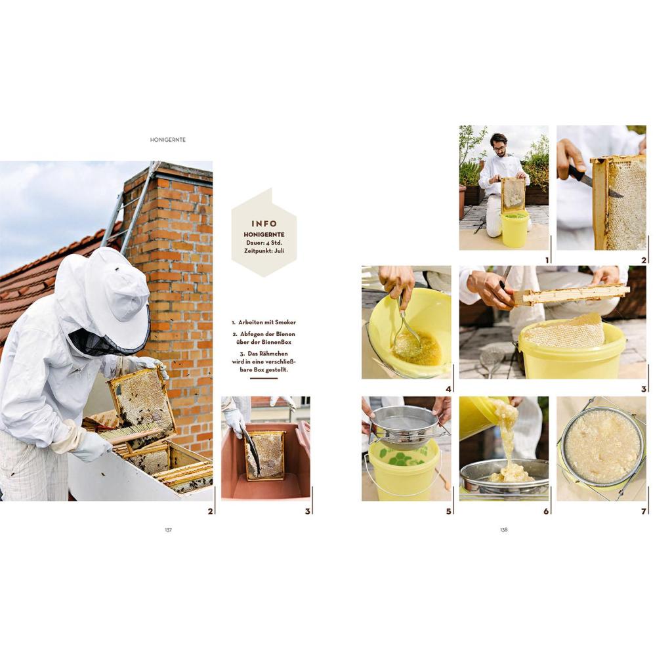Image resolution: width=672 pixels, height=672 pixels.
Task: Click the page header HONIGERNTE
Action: tap(168, 140)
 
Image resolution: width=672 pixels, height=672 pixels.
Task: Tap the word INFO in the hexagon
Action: tap(264, 224)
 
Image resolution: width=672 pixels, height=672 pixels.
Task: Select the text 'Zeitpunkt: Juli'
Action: tap(264, 250)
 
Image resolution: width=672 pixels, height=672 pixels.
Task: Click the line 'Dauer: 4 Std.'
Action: tap(264, 243)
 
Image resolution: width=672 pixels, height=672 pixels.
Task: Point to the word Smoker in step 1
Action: tap(285, 322)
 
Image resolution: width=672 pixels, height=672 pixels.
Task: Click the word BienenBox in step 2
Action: tap(276, 342)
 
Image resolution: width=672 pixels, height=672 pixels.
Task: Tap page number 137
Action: tap(169, 530)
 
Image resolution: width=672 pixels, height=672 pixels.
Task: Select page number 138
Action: tap(504, 530)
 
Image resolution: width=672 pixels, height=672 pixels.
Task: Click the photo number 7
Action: tap(643, 511)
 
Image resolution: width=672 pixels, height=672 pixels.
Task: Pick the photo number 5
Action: tap(449, 511)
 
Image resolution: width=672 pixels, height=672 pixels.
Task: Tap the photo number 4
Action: tap(449, 389)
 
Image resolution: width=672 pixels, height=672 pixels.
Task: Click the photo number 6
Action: tap(546, 511)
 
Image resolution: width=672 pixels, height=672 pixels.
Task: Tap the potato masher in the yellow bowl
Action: tap(405, 330)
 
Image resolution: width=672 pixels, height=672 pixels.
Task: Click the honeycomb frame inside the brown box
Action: tap(265, 455)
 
